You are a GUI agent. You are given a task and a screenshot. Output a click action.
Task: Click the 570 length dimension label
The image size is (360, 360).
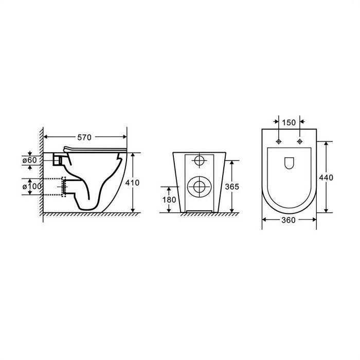point(84,137)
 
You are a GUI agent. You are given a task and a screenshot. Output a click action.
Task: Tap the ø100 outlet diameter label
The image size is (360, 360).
point(30,186)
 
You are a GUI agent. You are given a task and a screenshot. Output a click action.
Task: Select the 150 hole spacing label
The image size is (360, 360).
point(288,122)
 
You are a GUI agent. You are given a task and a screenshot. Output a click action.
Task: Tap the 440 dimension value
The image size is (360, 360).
point(327,177)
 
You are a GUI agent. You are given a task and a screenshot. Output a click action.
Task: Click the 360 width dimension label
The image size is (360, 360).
point(289,220)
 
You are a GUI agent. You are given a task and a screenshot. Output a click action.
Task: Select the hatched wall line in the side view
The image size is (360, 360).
point(39,170)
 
